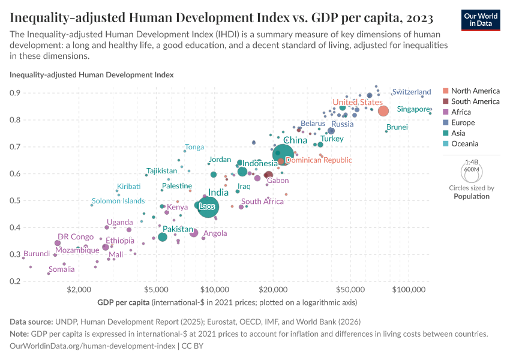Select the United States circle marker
pos(383,111)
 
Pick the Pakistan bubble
pos(163,237)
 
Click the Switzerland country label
pos(411,92)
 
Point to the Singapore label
pos(413,109)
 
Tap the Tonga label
pos(194,147)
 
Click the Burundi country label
pos(36,254)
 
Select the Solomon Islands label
pos(118,201)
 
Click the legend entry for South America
pos(475,101)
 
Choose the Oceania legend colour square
pos(445,144)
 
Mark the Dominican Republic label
pos(319,160)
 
